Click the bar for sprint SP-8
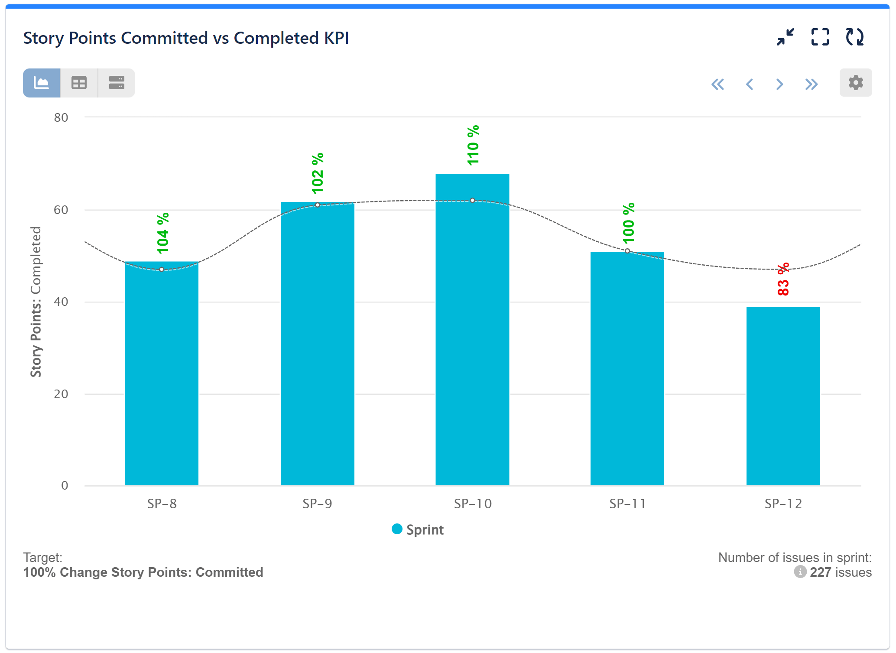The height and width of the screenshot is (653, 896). click(x=161, y=377)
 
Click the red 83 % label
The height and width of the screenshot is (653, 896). click(x=783, y=279)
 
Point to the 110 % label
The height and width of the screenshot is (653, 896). click(x=473, y=145)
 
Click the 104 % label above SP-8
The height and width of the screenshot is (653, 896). click(x=162, y=233)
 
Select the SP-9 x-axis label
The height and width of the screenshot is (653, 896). click(x=317, y=504)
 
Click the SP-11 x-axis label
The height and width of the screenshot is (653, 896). click(x=627, y=504)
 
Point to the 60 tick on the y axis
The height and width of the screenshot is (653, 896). click(x=61, y=210)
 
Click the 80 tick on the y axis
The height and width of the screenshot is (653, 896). click(x=61, y=117)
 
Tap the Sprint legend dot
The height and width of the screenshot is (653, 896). click(x=397, y=529)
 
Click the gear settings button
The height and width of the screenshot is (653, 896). click(x=855, y=83)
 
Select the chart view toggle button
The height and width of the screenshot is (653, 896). click(x=42, y=83)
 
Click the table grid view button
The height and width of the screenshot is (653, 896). click(x=79, y=83)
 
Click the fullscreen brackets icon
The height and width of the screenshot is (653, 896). click(x=820, y=37)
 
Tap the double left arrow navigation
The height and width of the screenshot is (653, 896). click(x=717, y=84)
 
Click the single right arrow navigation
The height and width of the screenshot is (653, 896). click(x=779, y=84)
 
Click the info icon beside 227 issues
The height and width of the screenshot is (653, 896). click(x=800, y=572)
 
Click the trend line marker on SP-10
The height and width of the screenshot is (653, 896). click(x=472, y=200)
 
